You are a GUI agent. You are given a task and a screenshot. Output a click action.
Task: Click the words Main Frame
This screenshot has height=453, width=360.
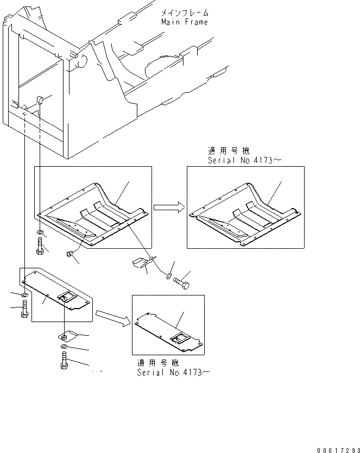(184, 22)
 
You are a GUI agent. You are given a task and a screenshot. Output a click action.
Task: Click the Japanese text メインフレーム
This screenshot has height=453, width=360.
(184, 12)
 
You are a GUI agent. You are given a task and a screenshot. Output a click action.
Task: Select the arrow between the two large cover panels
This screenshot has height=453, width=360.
(169, 207)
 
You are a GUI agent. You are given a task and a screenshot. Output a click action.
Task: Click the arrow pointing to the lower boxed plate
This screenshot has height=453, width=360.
(112, 319)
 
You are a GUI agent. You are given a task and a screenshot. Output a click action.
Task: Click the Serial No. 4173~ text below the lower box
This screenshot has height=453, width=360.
(173, 373)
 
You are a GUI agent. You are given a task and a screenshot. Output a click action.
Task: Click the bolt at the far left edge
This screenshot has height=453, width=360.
(23, 311)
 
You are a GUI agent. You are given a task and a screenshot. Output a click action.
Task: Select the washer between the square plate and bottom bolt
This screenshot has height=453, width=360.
(64, 347)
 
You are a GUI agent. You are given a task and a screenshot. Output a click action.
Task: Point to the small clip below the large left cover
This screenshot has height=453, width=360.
(69, 253)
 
